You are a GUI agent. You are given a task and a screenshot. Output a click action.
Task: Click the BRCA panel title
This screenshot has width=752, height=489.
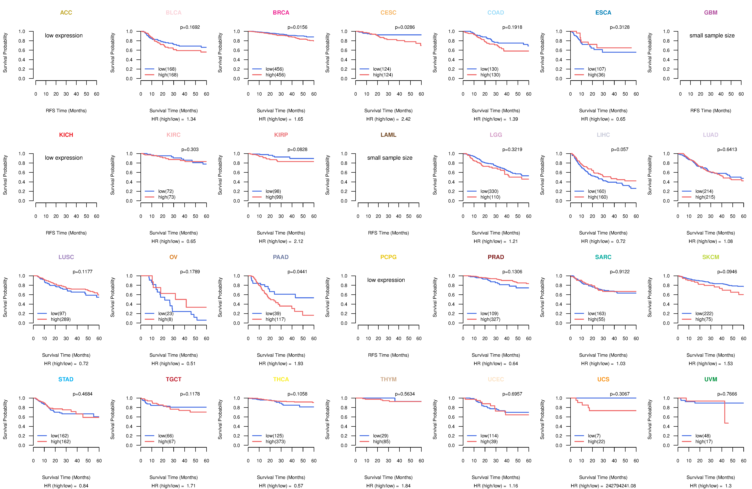click(x=281, y=13)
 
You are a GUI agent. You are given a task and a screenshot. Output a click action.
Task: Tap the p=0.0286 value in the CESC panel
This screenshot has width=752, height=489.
click(x=405, y=27)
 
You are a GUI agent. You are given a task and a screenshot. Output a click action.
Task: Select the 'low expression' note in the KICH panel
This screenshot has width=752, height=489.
click(x=64, y=158)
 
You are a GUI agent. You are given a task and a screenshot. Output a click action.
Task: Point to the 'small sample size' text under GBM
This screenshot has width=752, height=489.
click(x=712, y=35)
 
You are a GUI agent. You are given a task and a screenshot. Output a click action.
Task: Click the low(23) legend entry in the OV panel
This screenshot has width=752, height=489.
click(x=166, y=314)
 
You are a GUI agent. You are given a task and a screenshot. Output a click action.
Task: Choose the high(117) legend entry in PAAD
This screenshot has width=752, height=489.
click(x=275, y=319)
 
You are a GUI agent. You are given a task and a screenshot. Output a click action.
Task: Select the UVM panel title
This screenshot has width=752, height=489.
click(x=711, y=379)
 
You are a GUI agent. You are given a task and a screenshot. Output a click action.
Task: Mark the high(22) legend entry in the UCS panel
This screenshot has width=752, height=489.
click(x=596, y=442)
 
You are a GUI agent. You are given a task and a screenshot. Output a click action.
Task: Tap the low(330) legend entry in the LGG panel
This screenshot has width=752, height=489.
click(x=489, y=191)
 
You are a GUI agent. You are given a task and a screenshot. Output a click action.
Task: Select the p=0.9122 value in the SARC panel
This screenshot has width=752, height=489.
click(x=620, y=272)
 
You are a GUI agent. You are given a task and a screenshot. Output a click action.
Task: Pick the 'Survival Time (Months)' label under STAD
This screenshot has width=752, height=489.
click(x=66, y=477)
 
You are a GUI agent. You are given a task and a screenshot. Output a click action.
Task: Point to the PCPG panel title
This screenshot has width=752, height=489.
click(x=388, y=257)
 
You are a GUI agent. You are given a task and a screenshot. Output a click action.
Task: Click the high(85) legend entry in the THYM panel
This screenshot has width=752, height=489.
click(x=381, y=442)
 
